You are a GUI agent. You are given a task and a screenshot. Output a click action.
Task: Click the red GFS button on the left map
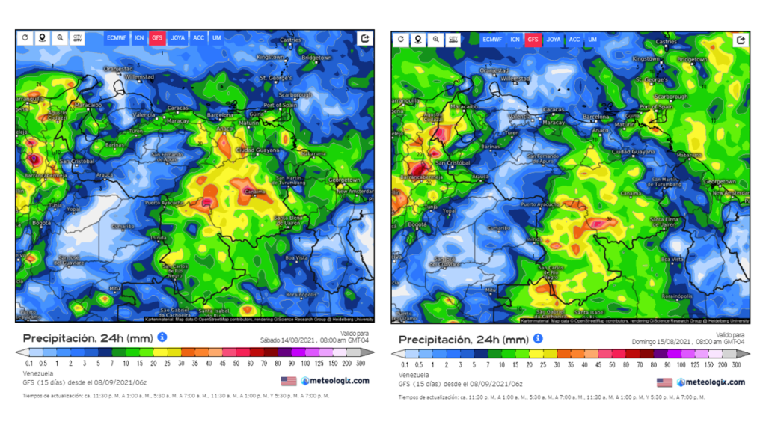(x=157, y=37)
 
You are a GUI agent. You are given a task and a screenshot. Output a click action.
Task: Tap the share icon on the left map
(x=365, y=37)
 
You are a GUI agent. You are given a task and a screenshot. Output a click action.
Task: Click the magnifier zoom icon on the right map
(x=436, y=39)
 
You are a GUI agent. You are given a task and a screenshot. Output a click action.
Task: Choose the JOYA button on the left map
(x=178, y=37)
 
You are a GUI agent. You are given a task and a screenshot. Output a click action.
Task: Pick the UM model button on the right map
(x=592, y=39)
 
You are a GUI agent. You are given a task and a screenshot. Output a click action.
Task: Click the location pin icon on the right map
(x=418, y=39)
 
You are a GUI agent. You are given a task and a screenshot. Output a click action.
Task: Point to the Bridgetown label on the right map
(x=692, y=59)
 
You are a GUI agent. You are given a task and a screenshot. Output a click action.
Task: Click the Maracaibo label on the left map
(x=88, y=106)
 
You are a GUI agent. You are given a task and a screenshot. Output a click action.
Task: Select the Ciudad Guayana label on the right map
(x=632, y=152)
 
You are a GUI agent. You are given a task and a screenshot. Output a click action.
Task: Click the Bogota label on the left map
(x=41, y=223)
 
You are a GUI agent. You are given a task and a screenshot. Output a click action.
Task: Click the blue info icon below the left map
(x=162, y=337)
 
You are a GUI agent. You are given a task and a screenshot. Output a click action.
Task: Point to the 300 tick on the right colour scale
(x=737, y=365)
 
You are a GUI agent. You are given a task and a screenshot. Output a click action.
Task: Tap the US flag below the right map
(x=664, y=382)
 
